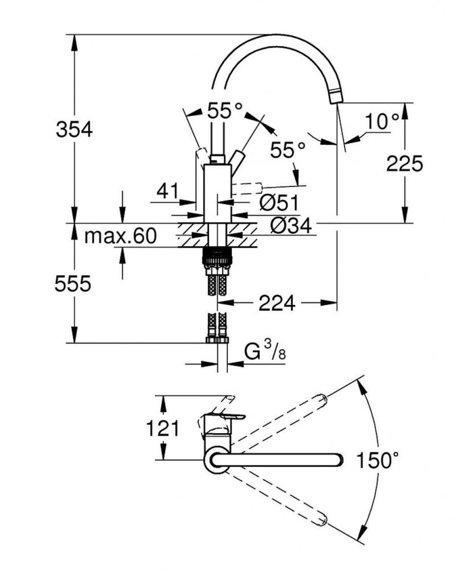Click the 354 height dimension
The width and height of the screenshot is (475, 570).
(x=74, y=130)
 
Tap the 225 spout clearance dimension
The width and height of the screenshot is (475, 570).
(x=404, y=163)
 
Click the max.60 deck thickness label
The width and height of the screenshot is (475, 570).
(x=120, y=237)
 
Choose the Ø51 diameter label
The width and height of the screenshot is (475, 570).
(x=278, y=203)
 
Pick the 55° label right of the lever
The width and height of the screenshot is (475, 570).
(x=288, y=149)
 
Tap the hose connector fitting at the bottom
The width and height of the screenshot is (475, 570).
(x=217, y=339)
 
